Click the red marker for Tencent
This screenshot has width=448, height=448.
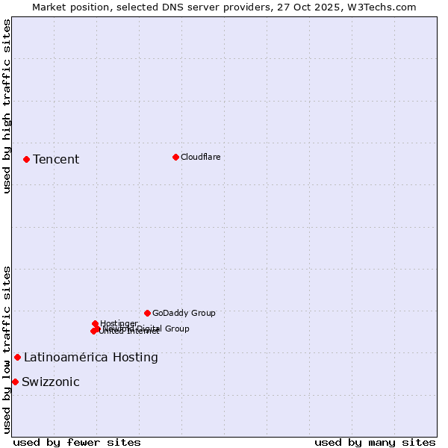[26, 159]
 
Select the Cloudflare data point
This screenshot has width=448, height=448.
[175, 157]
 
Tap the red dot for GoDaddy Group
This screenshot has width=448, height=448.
[147, 313]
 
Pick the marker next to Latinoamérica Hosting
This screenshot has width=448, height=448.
[17, 357]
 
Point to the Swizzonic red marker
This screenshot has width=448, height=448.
[15, 382]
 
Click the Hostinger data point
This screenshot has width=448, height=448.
[95, 323]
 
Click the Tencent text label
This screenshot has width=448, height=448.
[56, 159]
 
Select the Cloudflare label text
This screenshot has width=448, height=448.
[200, 157]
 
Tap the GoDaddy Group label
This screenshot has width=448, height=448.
[184, 313]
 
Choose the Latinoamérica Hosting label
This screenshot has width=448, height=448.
[90, 357]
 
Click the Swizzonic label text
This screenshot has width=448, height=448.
[50, 382]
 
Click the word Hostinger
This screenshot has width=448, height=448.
[119, 323]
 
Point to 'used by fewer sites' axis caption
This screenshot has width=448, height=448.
[77, 442]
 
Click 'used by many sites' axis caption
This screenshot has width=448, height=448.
[375, 442]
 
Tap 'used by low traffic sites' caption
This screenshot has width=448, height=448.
[7, 349]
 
